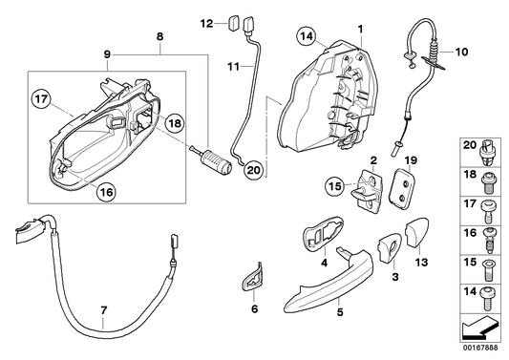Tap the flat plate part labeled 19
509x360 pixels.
406,184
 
